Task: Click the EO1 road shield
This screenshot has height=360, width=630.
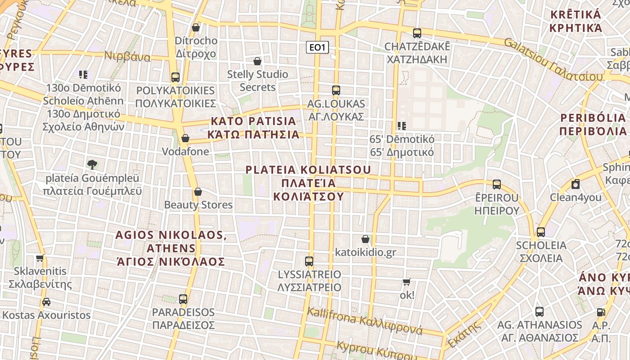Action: point(317,47)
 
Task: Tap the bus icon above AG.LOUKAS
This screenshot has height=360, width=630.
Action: point(336,90)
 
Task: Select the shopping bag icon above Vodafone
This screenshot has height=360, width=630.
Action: point(185,138)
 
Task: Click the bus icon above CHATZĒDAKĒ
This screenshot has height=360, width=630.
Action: point(417,33)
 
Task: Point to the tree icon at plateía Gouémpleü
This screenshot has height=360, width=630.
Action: point(92,164)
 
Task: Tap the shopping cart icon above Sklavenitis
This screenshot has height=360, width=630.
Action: point(40,258)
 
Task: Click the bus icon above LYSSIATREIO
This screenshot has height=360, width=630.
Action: point(309,261)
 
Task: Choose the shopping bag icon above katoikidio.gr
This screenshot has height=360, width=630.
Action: point(365,239)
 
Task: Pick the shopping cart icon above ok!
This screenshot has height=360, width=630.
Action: point(406,282)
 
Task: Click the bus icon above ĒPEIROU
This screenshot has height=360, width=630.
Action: point(496,184)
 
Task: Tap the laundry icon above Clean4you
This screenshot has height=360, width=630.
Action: point(575,184)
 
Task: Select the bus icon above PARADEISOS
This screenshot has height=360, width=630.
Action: point(183,299)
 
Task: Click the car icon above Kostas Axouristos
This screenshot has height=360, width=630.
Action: point(46,302)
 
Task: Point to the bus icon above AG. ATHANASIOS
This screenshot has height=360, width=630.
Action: point(539,311)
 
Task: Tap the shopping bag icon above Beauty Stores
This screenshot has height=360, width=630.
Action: point(198,192)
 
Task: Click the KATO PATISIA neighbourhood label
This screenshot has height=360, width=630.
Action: point(254,128)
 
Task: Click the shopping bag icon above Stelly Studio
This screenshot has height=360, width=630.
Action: point(257,61)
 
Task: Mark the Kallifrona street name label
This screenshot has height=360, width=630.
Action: point(365,322)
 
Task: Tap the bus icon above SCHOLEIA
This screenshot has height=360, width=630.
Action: point(540,232)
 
